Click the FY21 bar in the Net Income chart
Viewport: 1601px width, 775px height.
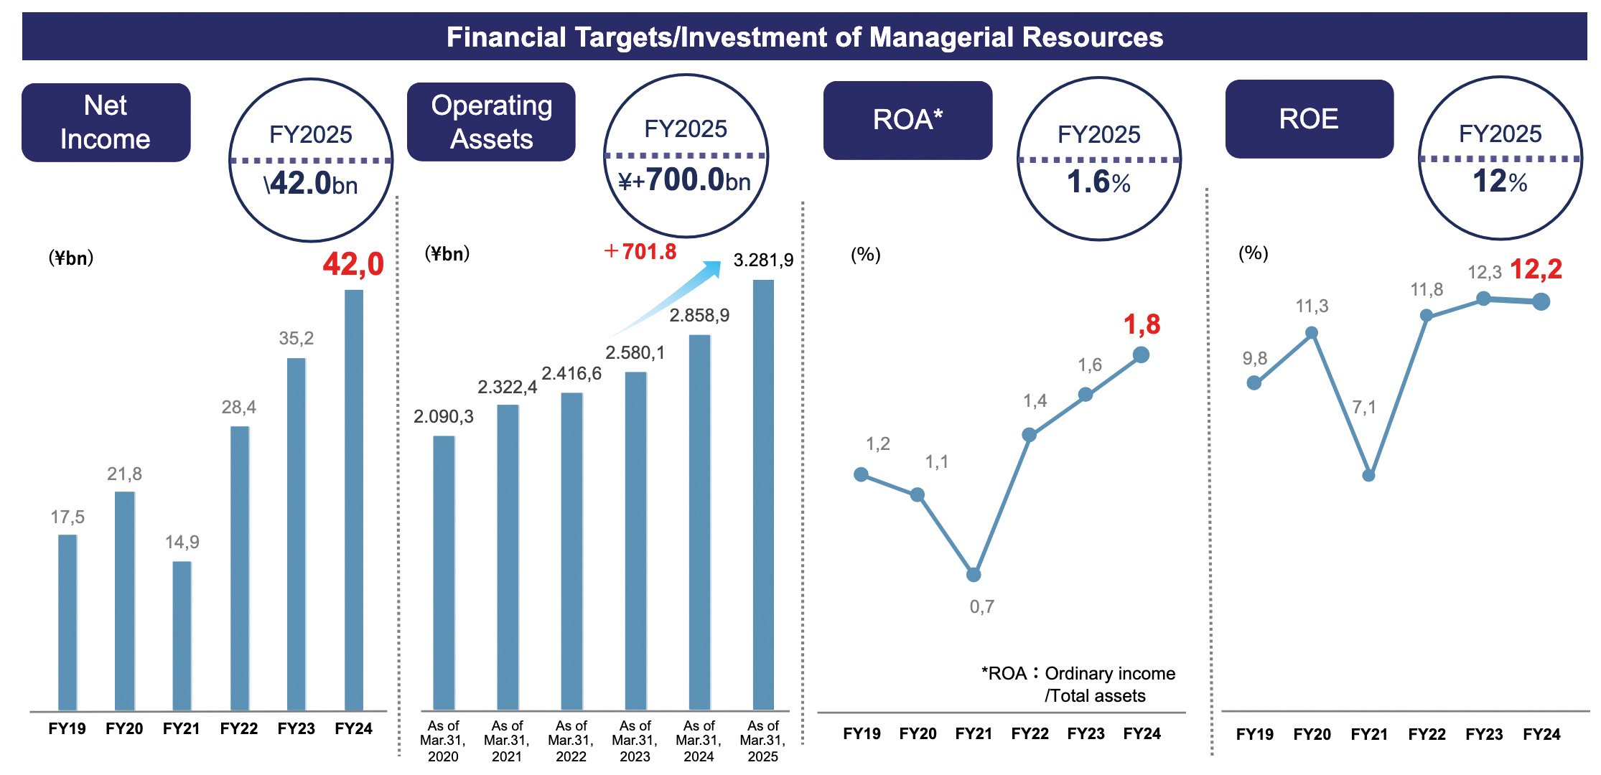tap(182, 635)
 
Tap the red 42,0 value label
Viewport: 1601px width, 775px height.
tap(353, 265)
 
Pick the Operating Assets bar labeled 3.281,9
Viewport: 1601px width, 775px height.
tap(763, 495)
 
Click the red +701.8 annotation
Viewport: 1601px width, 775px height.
tap(640, 252)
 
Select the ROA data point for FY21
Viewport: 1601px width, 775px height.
tap(974, 575)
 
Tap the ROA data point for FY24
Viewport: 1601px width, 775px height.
tap(1141, 354)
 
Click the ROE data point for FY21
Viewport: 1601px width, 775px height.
tap(1368, 475)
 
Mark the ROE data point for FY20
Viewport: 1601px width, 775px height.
tap(1312, 333)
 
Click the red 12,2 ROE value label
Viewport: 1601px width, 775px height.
tap(1536, 270)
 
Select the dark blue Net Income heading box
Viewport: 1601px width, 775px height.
tap(106, 123)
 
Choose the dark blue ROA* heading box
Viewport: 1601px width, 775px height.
tap(907, 120)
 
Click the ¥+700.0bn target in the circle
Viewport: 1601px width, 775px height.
tap(685, 180)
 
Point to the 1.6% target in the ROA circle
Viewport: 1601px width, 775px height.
tap(1098, 182)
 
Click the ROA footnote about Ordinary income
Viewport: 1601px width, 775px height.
tap(1078, 685)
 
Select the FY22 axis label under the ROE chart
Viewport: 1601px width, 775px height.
tap(1427, 735)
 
